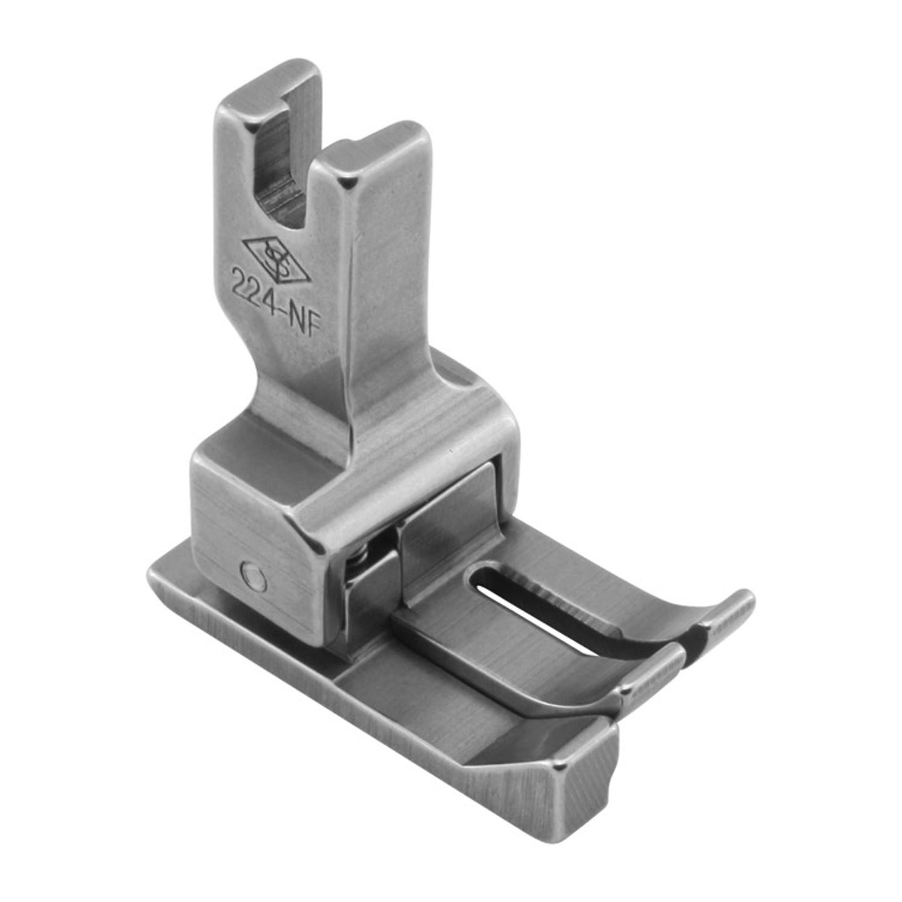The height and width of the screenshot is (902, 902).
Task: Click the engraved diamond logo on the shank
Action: [276, 259]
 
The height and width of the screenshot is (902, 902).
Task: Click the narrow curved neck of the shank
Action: [294, 376]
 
